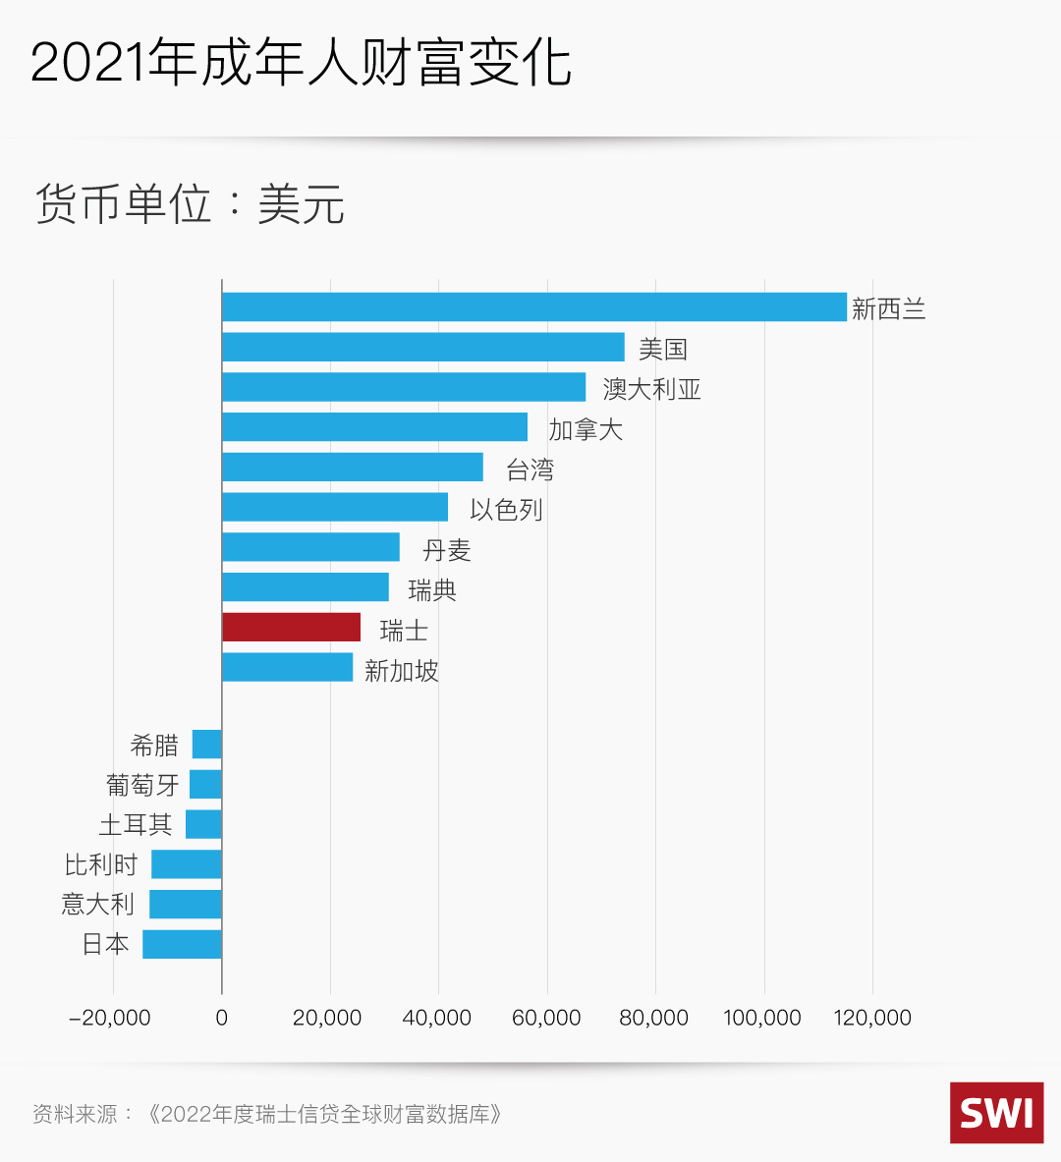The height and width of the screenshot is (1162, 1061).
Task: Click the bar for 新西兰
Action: (533, 306)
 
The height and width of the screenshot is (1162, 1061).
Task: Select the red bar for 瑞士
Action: (291, 628)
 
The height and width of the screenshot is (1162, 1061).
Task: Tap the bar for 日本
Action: (183, 944)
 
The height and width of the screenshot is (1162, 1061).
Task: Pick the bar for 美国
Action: (422, 347)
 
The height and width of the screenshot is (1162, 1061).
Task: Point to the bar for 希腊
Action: (207, 745)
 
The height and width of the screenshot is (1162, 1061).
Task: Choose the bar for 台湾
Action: (352, 467)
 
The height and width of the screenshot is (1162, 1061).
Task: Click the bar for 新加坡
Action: (287, 668)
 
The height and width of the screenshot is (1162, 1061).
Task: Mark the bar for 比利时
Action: (187, 864)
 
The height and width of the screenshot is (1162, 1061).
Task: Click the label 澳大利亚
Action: (651, 389)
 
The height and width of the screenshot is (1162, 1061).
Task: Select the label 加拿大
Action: (586, 429)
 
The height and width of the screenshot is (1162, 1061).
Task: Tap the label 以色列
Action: (506, 510)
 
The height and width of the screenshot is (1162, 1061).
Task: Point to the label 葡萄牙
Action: (143, 785)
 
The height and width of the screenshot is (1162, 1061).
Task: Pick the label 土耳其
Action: (136, 824)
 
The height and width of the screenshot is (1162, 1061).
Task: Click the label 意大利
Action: (97, 904)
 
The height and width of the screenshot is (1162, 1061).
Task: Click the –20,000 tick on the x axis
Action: (110, 1018)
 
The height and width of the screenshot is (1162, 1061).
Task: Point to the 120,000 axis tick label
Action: (872, 1018)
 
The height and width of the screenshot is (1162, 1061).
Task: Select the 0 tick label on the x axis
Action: (222, 1018)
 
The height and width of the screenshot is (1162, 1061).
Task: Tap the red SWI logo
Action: (996, 1113)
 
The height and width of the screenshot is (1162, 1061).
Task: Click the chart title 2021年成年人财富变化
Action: (301, 63)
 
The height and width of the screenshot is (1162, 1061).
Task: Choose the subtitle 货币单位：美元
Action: (190, 204)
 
